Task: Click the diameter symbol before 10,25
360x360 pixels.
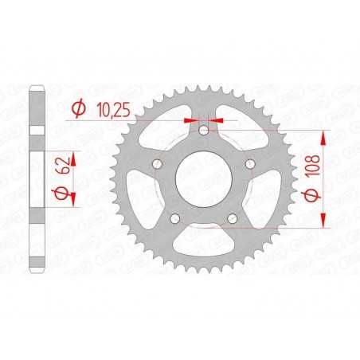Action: point(79,108)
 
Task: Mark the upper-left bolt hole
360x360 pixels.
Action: point(157,163)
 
